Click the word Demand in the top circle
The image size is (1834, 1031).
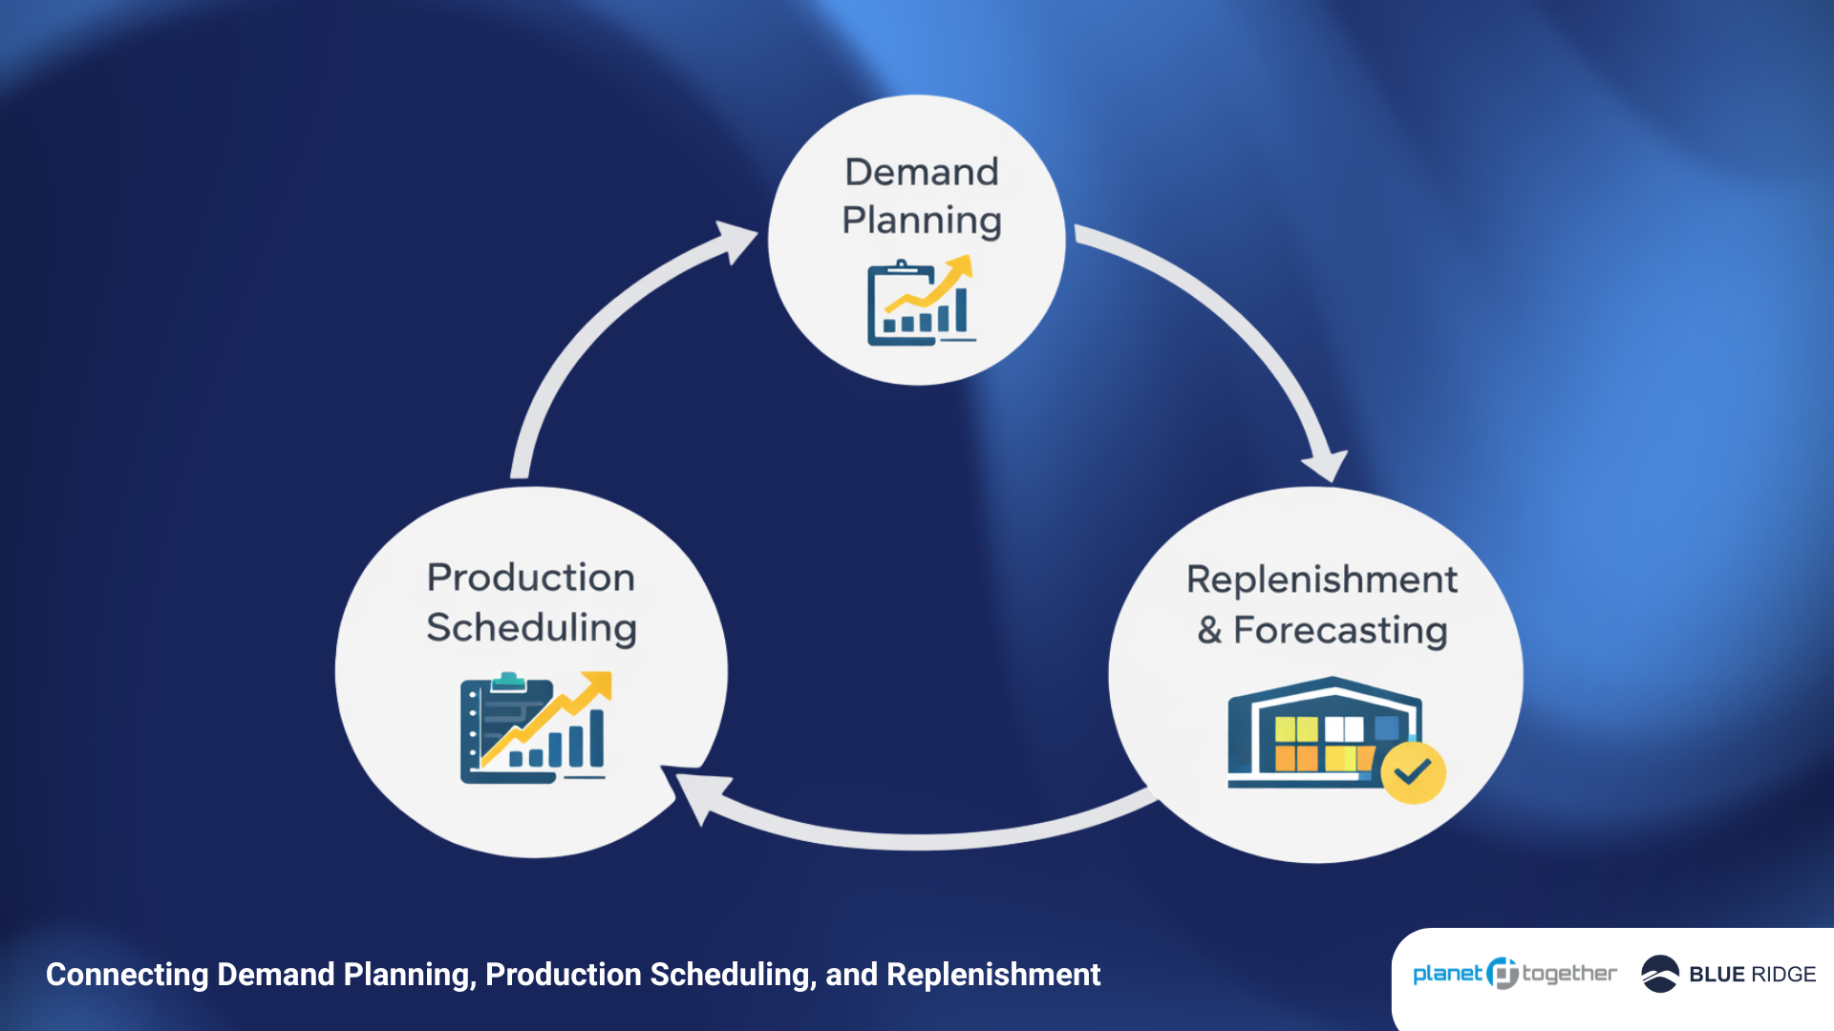[921, 173]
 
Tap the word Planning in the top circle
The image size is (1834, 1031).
[921, 221]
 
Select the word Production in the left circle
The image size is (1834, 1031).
[531, 578]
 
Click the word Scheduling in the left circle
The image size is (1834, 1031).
[531, 628]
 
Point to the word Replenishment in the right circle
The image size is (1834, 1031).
[1321, 579]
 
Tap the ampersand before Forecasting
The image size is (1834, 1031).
[1209, 631]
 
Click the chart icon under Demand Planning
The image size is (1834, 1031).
[920, 302]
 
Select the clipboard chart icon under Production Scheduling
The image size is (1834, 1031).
[533, 727]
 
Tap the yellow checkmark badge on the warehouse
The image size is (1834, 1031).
[1413, 772]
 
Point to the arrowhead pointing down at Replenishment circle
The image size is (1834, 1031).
[1327, 466]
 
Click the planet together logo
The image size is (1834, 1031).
[1514, 974]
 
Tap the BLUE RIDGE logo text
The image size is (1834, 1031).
[1752, 975]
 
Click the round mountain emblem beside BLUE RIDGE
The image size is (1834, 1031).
[1659, 974]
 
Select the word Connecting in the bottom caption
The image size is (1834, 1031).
[127, 975]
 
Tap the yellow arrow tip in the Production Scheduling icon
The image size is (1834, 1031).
[601, 682]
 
